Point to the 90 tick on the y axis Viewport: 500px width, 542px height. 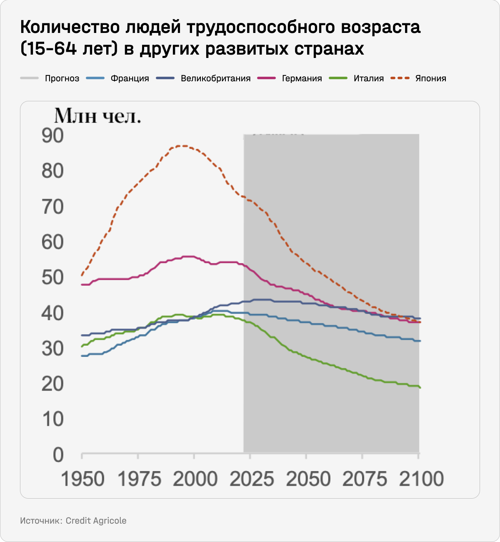52,136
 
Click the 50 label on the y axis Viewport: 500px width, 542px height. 52,278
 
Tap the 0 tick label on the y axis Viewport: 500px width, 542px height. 58,455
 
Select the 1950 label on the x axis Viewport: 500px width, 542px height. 82,479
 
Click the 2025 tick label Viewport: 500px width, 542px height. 252,479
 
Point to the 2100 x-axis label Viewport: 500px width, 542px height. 421,479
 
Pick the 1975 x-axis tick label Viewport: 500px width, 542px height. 139,479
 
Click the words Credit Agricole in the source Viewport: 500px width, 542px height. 96,521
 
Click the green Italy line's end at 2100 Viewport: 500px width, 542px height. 420,387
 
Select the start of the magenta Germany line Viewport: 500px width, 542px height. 82,284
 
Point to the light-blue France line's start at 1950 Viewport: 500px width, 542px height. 82,356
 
